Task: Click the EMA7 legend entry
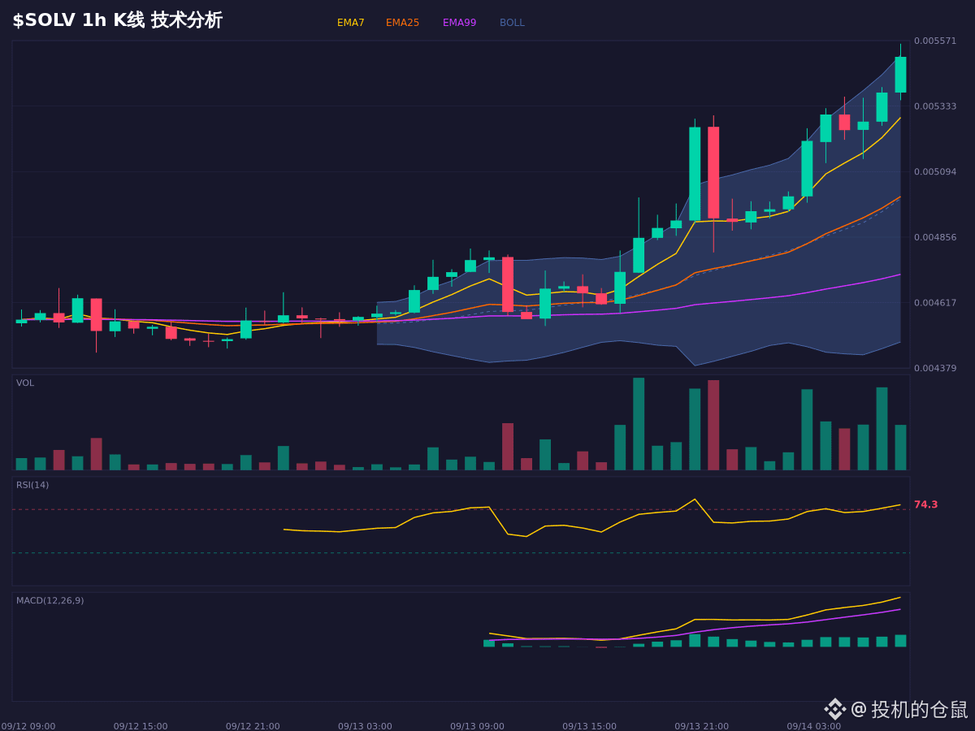tap(350, 23)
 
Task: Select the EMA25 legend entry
tap(402, 23)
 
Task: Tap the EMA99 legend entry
tap(459, 23)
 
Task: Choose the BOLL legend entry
tap(512, 23)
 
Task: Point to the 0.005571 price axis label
tap(935, 41)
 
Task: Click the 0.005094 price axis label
tap(935, 171)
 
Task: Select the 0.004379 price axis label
tap(935, 368)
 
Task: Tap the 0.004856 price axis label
tap(935, 237)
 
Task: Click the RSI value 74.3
tap(925, 504)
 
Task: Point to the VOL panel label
tap(25, 383)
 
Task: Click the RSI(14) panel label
tap(32, 485)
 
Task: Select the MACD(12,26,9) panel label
tap(50, 600)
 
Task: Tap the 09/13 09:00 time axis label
tap(477, 726)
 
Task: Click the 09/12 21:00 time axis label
tap(253, 726)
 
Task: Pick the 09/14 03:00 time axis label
tap(814, 726)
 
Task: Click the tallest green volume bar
tap(639, 424)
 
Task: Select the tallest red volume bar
tap(713, 425)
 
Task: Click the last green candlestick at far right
tap(900, 75)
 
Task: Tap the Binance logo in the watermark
tap(835, 709)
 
